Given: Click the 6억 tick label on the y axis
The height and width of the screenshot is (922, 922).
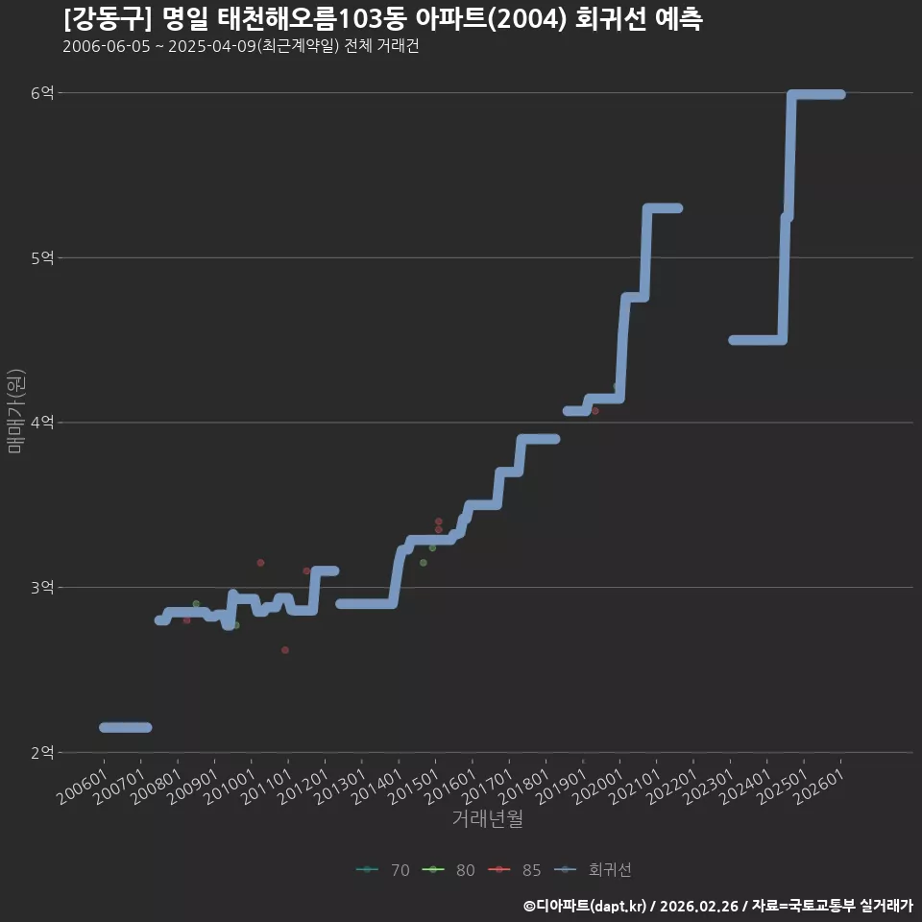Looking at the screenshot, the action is click(42, 93).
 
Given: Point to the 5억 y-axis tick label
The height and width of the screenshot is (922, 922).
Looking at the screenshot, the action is click(42, 257).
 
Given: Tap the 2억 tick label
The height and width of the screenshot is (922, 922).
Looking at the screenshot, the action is click(42, 752).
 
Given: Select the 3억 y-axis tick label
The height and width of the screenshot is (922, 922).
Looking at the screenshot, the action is click(42, 588).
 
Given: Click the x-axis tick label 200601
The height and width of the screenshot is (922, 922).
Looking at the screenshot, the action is click(83, 787).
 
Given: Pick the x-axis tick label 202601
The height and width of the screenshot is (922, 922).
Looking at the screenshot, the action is click(818, 787).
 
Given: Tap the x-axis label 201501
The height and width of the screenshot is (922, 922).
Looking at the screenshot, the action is click(413, 787).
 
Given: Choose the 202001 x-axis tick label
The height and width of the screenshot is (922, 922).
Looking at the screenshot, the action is click(597, 787).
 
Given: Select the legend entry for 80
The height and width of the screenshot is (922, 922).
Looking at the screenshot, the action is click(449, 870).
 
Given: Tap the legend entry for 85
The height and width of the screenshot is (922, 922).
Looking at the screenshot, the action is click(515, 870).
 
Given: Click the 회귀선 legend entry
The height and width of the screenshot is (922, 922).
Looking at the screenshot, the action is click(593, 870).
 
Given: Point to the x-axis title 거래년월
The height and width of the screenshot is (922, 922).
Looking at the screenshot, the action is click(488, 818).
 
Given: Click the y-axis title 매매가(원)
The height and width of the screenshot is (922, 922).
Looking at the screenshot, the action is click(15, 411).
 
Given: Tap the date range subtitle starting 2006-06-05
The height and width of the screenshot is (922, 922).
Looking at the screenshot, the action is click(241, 46).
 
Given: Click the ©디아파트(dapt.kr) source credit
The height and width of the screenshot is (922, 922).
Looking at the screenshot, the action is click(585, 906).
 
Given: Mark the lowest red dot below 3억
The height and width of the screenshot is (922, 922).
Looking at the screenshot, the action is click(285, 650).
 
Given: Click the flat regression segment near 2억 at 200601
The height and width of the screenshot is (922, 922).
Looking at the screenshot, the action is click(125, 727).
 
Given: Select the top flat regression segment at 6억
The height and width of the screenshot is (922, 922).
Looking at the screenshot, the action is click(816, 95).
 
